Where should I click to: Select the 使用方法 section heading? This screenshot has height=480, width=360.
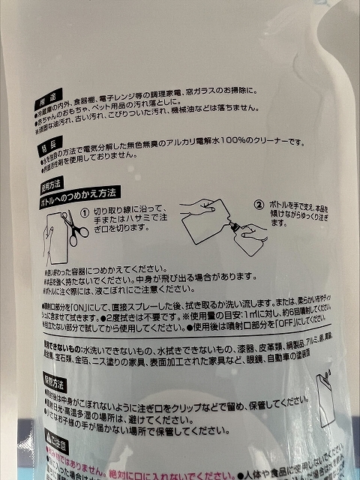tap(49, 182)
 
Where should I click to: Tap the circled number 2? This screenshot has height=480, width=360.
tap(259, 203)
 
